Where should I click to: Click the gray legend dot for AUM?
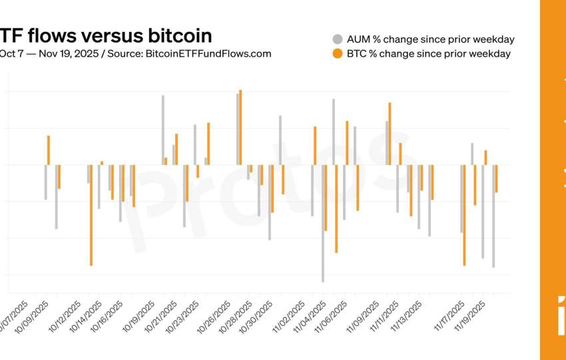click(337, 39)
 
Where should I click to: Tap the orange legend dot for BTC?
click(337, 53)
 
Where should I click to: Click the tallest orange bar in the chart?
click(240, 127)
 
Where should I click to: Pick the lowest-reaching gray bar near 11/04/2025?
click(323, 224)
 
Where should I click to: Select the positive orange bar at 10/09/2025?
click(49, 150)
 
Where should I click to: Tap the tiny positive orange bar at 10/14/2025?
click(102, 163)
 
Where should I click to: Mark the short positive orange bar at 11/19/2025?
click(485, 158)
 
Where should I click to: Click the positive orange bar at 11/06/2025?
click(347, 143)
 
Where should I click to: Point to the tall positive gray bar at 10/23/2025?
click(195, 144)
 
